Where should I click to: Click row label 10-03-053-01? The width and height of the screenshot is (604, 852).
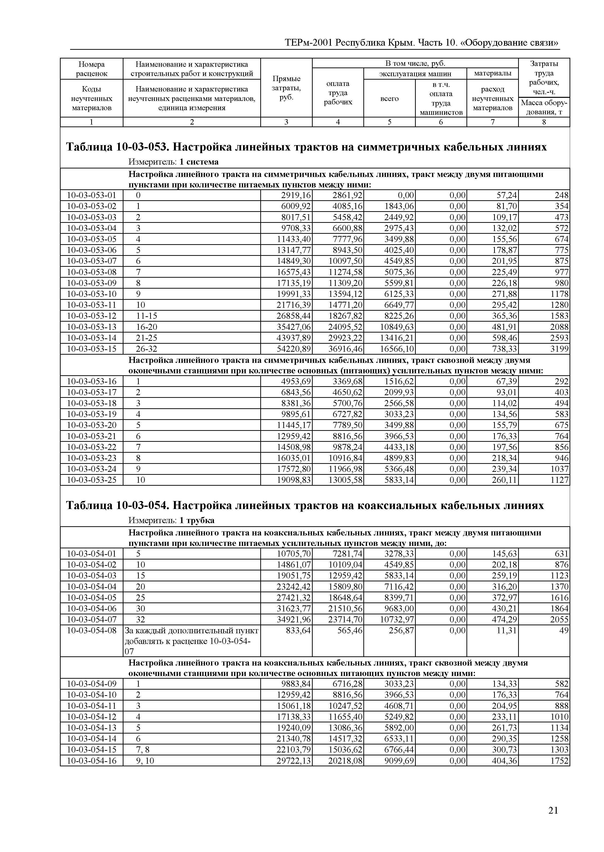tap(91, 195)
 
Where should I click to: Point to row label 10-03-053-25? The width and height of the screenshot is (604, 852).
tap(91, 480)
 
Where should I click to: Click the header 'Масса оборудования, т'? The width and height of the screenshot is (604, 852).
tap(544, 107)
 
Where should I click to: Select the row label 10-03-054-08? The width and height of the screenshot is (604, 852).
tap(91, 631)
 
